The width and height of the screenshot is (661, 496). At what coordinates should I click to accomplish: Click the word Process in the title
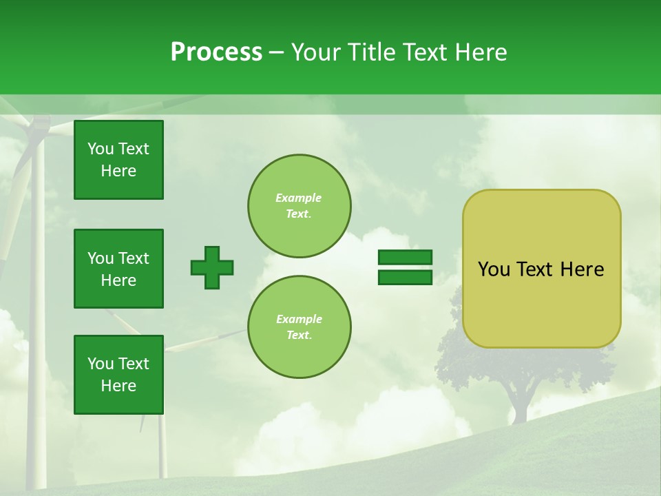coord(216,52)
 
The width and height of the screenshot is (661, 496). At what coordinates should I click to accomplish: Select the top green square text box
coord(118,160)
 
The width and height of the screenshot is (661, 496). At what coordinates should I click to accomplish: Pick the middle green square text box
coord(118,269)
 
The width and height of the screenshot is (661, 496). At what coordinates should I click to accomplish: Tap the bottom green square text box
coord(118,375)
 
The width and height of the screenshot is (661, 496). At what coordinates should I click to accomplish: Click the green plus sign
coord(212,267)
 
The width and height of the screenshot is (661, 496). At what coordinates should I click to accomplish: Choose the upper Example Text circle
coord(299,205)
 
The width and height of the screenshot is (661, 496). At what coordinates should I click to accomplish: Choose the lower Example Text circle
coord(299,327)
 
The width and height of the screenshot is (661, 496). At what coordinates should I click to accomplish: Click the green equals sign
coord(405,267)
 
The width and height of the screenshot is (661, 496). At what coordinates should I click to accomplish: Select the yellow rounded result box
coord(541,268)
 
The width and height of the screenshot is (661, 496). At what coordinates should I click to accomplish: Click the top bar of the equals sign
coord(405,258)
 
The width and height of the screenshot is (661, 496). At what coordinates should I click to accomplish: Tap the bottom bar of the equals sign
coord(405,277)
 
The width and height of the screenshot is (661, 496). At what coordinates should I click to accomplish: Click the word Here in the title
coord(482,52)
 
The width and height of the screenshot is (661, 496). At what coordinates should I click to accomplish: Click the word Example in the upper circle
coord(299,198)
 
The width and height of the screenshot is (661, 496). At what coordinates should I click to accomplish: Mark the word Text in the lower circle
coord(299,335)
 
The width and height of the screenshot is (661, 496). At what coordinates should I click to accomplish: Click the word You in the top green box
coord(101,149)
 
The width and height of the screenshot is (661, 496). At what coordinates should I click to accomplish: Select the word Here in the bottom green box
coord(118,386)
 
